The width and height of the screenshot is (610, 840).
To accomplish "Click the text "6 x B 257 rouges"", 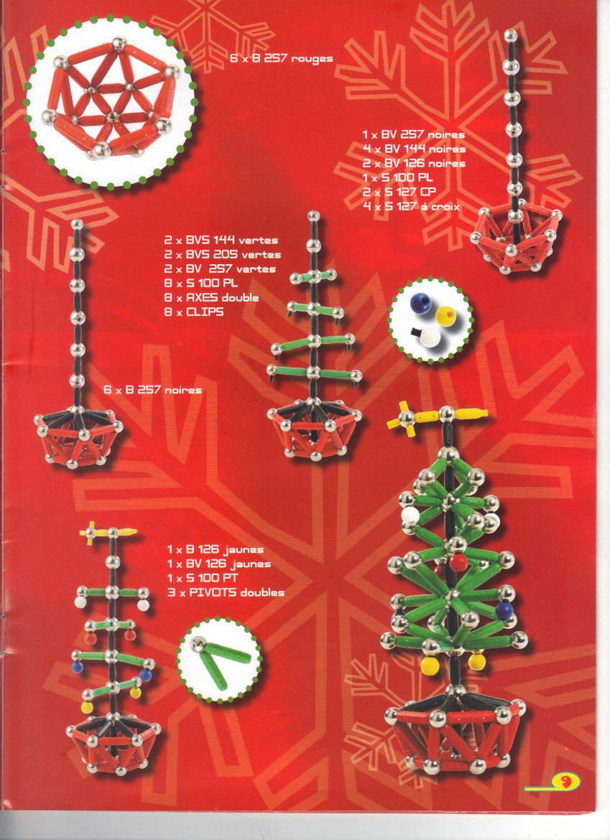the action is pos(282,58).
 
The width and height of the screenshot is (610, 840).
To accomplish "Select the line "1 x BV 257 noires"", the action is pos(413,134).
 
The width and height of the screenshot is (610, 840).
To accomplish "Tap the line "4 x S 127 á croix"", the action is pos(411,206).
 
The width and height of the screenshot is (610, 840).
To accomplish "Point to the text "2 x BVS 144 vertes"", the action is pos(221,240).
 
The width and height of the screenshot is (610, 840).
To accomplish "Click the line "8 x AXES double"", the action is pos(212,297).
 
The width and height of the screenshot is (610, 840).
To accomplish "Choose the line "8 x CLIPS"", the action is pos(194,312).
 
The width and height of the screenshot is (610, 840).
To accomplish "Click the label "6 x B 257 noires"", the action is pos(153,390).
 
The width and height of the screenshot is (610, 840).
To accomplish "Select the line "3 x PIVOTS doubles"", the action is pos(226,592).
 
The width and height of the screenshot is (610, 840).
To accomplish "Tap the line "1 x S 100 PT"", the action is pos(202,577).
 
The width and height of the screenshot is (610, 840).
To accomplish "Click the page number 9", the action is pos(565,782).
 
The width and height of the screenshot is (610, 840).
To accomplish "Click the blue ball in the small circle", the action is pos(420,304).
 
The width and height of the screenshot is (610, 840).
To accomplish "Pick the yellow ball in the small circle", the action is pos(445,316).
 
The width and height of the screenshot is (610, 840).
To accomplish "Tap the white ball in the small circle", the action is pos(430,337).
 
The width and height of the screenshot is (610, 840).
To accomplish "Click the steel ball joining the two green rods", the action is pos(200,644).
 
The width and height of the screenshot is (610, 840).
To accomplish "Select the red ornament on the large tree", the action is pos(458,562).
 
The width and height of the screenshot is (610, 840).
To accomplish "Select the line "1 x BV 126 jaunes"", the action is pos(218,564).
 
